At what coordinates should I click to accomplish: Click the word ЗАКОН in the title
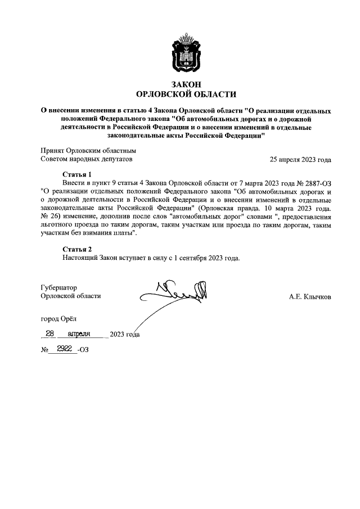180,83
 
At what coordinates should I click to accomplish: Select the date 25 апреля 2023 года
300,159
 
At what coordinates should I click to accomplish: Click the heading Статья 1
76,174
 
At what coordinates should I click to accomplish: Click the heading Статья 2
76,249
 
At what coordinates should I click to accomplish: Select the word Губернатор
59,286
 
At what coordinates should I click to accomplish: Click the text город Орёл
61,319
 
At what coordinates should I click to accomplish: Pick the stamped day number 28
49,334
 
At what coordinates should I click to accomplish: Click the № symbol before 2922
44,350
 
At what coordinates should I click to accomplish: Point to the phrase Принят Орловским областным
88,150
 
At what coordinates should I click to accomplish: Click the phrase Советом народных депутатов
87,159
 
